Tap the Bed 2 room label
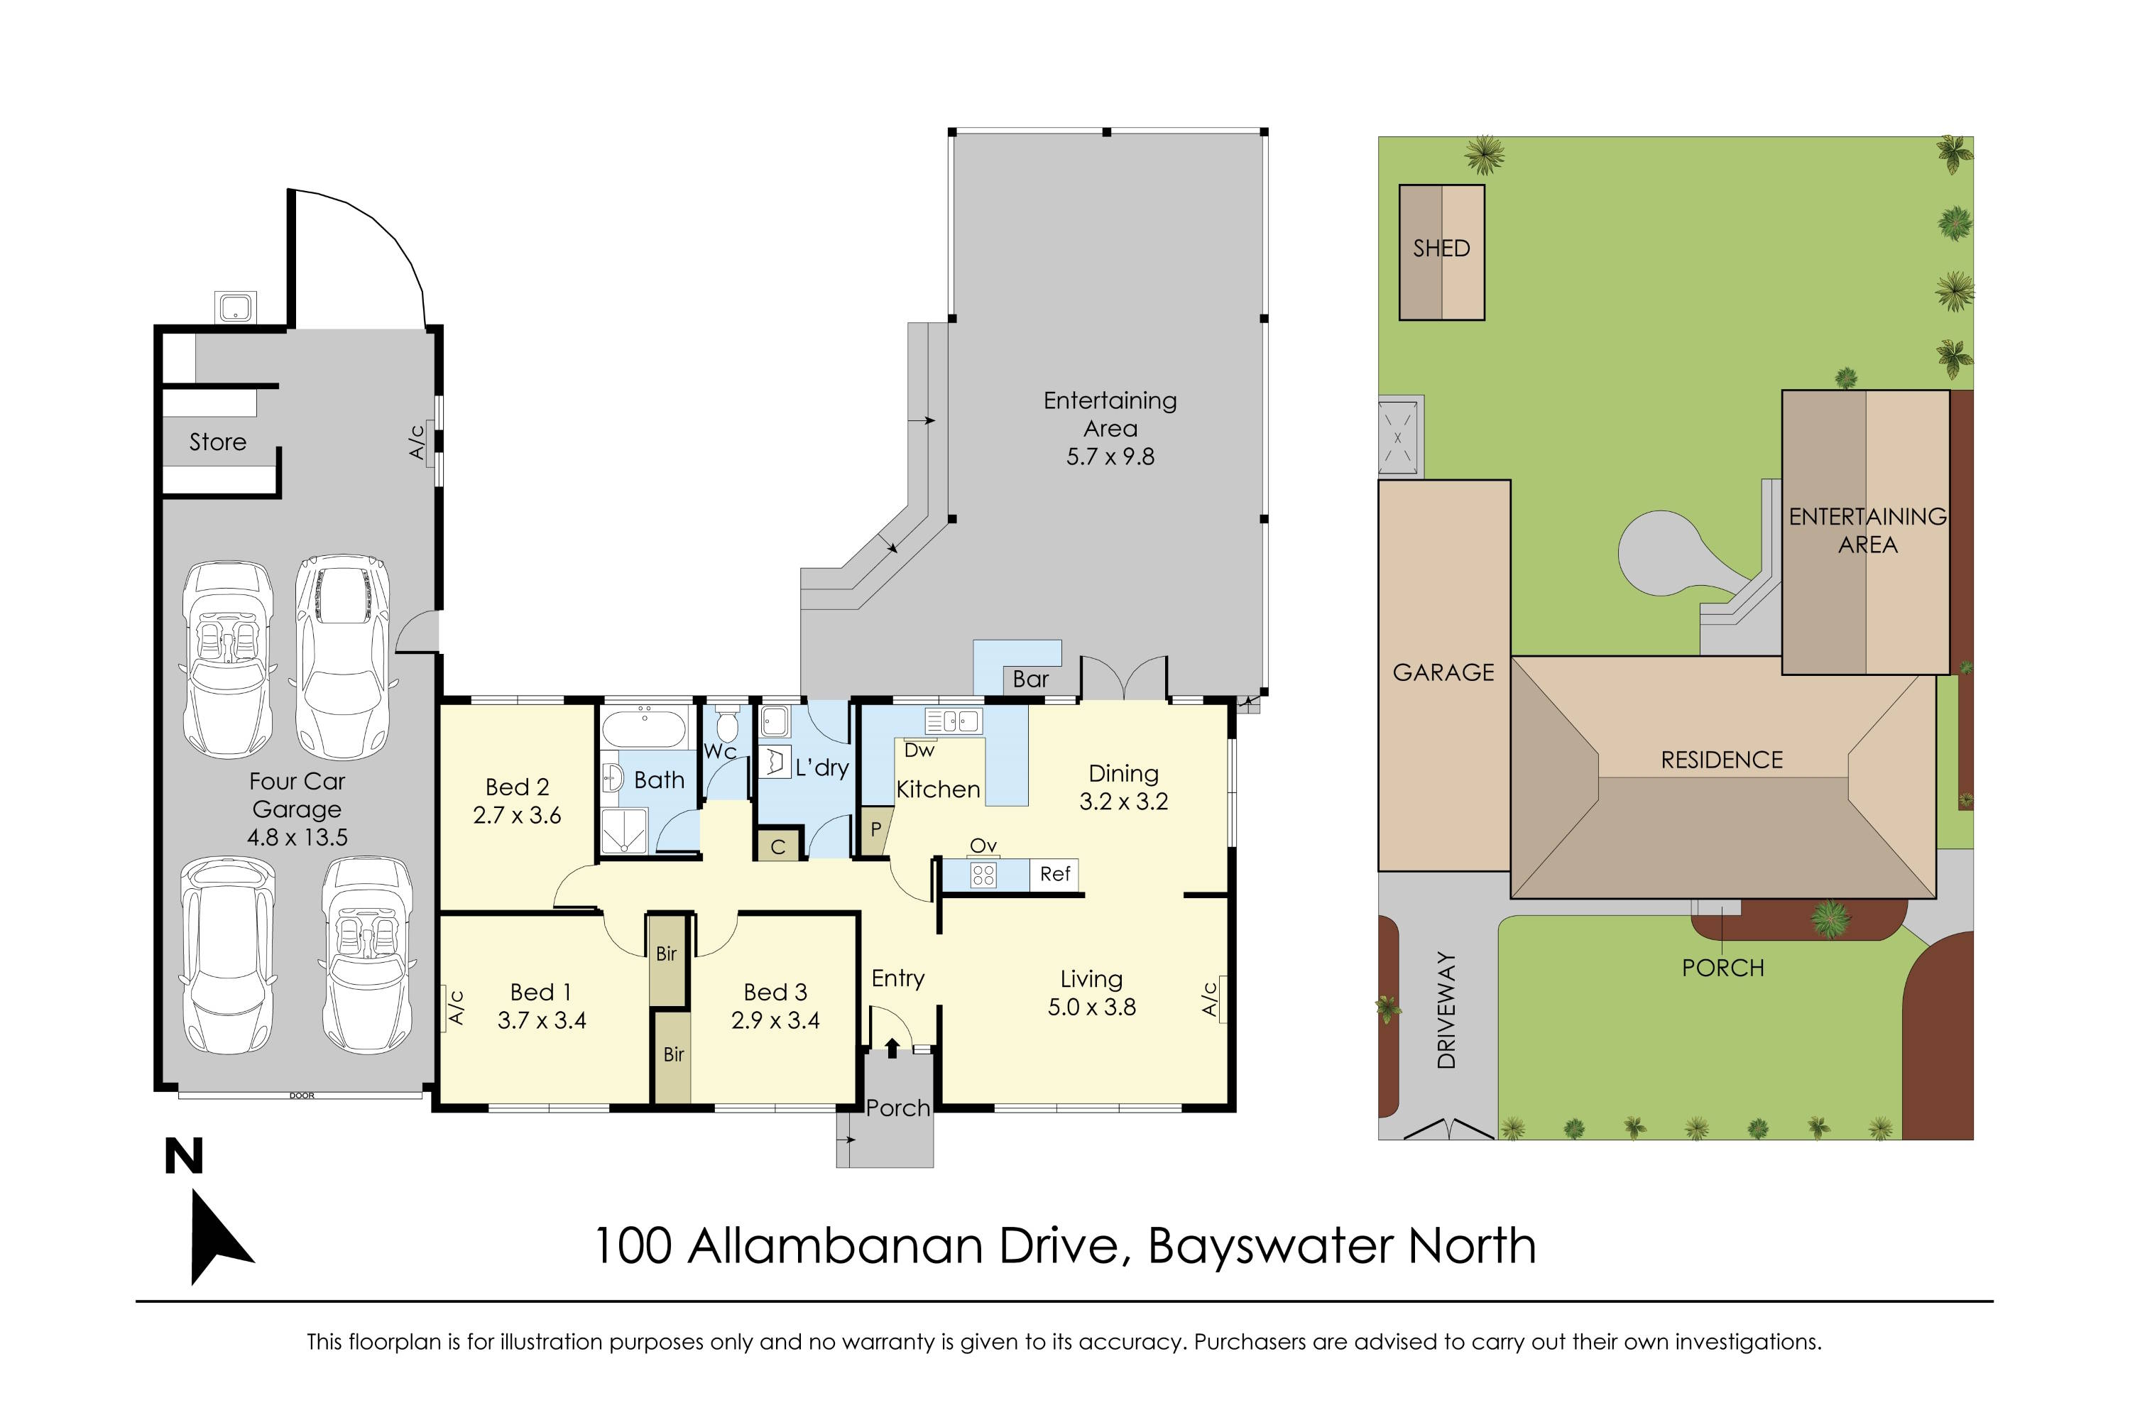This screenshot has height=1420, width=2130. pyautogui.click(x=517, y=787)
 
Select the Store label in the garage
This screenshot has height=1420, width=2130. pyautogui.click(x=217, y=442)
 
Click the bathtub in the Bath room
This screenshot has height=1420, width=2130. pyautogui.click(x=644, y=726)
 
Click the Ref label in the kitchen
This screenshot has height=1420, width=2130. pyautogui.click(x=1055, y=874)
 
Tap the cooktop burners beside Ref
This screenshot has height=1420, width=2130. pyautogui.click(x=983, y=875)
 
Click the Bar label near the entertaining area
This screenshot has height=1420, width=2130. pyautogui.click(x=1031, y=679)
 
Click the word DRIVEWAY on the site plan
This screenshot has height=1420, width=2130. pyautogui.click(x=1446, y=1010)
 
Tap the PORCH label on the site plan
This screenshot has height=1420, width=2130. pyautogui.click(x=1722, y=968)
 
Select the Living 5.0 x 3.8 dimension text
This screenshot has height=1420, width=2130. pyautogui.click(x=1091, y=1007)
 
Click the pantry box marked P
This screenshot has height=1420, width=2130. pyautogui.click(x=875, y=829)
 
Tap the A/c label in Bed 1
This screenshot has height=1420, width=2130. pyautogui.click(x=457, y=1007)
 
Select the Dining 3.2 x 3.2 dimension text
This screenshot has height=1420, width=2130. pyautogui.click(x=1123, y=802)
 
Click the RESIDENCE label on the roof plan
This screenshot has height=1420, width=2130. pyautogui.click(x=1722, y=760)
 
